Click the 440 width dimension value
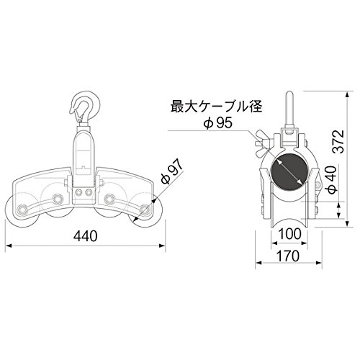point(86,236)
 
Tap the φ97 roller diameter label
point(171,172)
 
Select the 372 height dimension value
point(339,142)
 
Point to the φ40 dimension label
point(333,180)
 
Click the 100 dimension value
point(289,234)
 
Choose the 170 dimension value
point(288,256)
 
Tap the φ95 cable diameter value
point(217,123)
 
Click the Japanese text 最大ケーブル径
point(216,107)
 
